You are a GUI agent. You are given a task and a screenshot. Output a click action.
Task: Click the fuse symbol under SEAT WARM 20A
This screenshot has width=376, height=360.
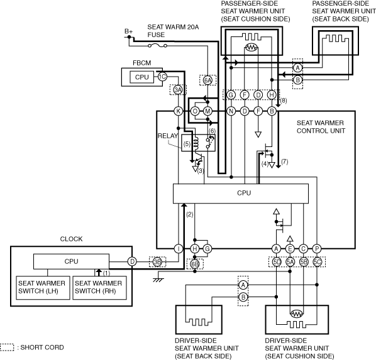pyautogui.click(x=158, y=45)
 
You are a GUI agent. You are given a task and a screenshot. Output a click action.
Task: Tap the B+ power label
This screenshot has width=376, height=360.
pyautogui.click(x=128, y=31)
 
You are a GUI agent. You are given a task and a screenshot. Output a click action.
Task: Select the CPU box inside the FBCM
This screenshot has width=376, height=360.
pyautogui.click(x=141, y=77)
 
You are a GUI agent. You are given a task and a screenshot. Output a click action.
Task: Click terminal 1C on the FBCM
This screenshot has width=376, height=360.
pyautogui.click(x=162, y=77)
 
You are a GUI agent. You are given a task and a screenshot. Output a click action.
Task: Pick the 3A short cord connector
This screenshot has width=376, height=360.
pyautogui.click(x=178, y=90)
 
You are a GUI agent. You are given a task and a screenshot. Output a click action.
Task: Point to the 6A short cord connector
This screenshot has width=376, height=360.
pyautogui.click(x=207, y=80)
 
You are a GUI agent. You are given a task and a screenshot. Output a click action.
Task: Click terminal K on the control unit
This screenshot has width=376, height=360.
pyautogui.click(x=178, y=111)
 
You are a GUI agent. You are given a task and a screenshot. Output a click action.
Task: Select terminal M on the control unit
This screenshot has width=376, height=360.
pyautogui.click(x=207, y=111)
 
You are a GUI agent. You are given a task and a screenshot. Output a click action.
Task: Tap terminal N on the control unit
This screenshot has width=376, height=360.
pyautogui.click(x=231, y=111)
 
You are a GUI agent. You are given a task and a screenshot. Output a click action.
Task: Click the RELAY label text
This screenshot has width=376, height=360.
pyautogui.click(x=168, y=136)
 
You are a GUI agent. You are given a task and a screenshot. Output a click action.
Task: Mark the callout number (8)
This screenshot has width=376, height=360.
pyautogui.click(x=284, y=101)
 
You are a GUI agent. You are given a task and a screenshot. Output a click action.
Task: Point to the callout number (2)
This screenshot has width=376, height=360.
pyautogui.click(x=190, y=214)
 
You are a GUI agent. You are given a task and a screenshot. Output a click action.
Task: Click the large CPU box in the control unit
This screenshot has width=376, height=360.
pyautogui.click(x=241, y=194)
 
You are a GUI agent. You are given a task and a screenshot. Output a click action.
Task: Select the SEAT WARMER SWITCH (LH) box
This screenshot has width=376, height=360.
pyautogui.click(x=43, y=288)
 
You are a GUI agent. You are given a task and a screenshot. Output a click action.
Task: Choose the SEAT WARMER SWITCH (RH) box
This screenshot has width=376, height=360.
pyautogui.click(x=99, y=288)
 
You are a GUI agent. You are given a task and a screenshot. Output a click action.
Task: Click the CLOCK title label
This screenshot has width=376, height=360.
pyautogui.click(x=71, y=239)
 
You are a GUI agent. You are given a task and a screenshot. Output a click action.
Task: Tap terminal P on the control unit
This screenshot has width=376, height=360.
pyautogui.click(x=317, y=249)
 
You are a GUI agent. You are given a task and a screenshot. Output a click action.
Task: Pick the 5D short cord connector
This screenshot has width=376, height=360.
pyautogui.click(x=277, y=262)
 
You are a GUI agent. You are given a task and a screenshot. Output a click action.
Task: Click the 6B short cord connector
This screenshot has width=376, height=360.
pyautogui.click(x=195, y=264)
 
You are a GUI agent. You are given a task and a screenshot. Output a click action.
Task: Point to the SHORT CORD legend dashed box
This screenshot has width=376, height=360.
pyautogui.click(x=7, y=347)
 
